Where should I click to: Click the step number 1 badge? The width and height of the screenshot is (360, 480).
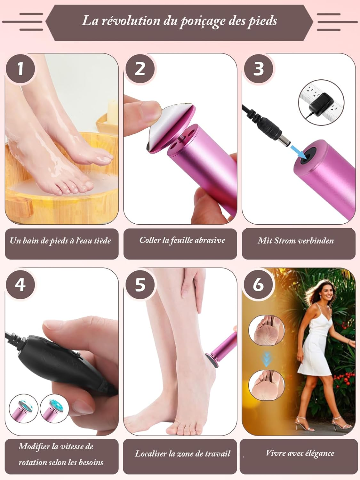[x=20, y=68]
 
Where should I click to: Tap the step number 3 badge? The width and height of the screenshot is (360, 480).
[x=259, y=68]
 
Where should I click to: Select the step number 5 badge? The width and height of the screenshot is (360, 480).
[x=140, y=284]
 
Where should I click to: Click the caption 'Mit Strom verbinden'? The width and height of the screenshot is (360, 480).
[x=296, y=241]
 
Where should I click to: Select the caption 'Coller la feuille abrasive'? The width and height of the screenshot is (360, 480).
[x=182, y=240]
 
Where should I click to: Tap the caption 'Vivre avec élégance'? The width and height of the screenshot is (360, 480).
[x=300, y=453]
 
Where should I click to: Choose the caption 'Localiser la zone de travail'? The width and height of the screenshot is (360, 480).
[x=182, y=453]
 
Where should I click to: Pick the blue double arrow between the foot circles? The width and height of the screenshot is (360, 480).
[x=266, y=359]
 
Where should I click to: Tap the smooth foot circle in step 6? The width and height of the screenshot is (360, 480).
[x=267, y=385]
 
